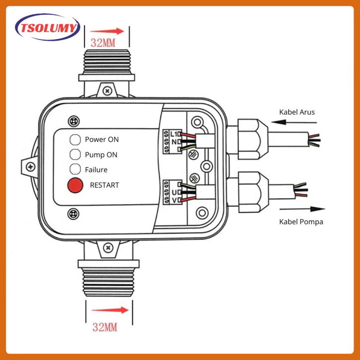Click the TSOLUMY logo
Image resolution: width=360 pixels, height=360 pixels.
point(48,27)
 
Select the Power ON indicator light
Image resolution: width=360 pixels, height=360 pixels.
point(75,139)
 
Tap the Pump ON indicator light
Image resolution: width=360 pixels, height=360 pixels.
point(75,154)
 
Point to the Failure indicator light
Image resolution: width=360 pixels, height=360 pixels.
point(75,169)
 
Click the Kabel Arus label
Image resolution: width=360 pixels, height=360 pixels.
point(297,112)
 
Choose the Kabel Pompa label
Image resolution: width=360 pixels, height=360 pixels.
point(301,222)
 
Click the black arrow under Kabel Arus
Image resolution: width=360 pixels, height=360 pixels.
point(294,122)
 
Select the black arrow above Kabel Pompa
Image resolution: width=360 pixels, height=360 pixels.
point(302,209)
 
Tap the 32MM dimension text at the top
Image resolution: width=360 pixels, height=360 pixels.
point(103,43)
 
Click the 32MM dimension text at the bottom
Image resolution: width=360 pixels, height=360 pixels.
point(105,327)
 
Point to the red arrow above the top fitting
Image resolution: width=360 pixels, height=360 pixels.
point(107,31)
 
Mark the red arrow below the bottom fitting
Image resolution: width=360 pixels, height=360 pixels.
point(110,310)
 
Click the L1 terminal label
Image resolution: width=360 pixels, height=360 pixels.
point(174,134)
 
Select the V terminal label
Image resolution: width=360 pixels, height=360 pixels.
point(174,200)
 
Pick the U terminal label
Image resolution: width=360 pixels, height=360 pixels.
point(174,192)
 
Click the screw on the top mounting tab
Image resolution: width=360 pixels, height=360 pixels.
point(107,91)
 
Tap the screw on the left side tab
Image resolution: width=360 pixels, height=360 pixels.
point(31,167)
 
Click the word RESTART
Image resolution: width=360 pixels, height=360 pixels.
point(105,185)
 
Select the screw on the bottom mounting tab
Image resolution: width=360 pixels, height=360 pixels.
point(108,248)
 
